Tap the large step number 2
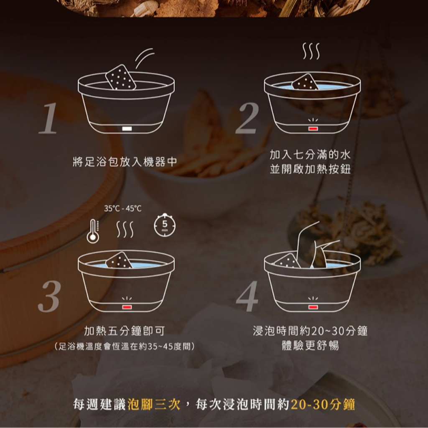tap(247, 118)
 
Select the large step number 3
tap(49, 296)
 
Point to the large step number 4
tap(247, 296)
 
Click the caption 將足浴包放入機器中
tap(125, 162)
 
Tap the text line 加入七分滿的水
tap(311, 155)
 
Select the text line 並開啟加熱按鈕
tap(311, 169)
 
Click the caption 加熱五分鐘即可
tap(125, 331)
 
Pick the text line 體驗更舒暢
tap(311, 345)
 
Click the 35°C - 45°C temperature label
tap(123, 209)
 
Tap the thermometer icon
tap(93, 231)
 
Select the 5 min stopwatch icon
tap(165, 225)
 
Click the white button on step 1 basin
tap(127, 129)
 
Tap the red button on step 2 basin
tap(313, 129)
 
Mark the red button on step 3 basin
tap(127, 307)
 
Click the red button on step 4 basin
tap(313, 307)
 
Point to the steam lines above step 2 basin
tap(311, 51)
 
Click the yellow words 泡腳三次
tap(154, 404)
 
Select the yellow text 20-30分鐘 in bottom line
tap(323, 404)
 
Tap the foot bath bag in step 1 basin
tap(120, 77)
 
